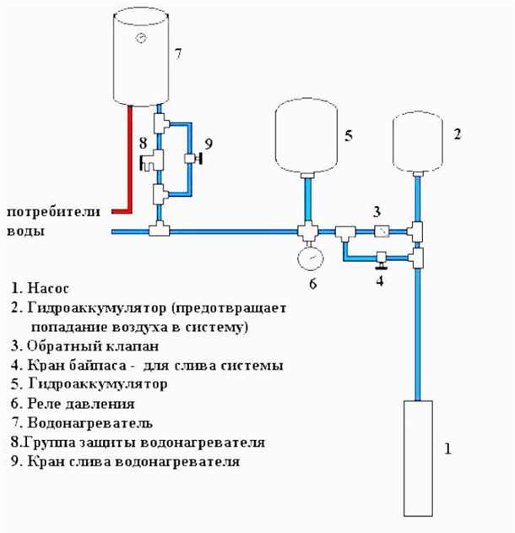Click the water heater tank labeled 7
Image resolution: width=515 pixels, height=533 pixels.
(140, 59)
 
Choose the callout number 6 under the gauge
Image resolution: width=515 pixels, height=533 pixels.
(312, 285)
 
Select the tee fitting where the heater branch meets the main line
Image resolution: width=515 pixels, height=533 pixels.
(158, 231)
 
